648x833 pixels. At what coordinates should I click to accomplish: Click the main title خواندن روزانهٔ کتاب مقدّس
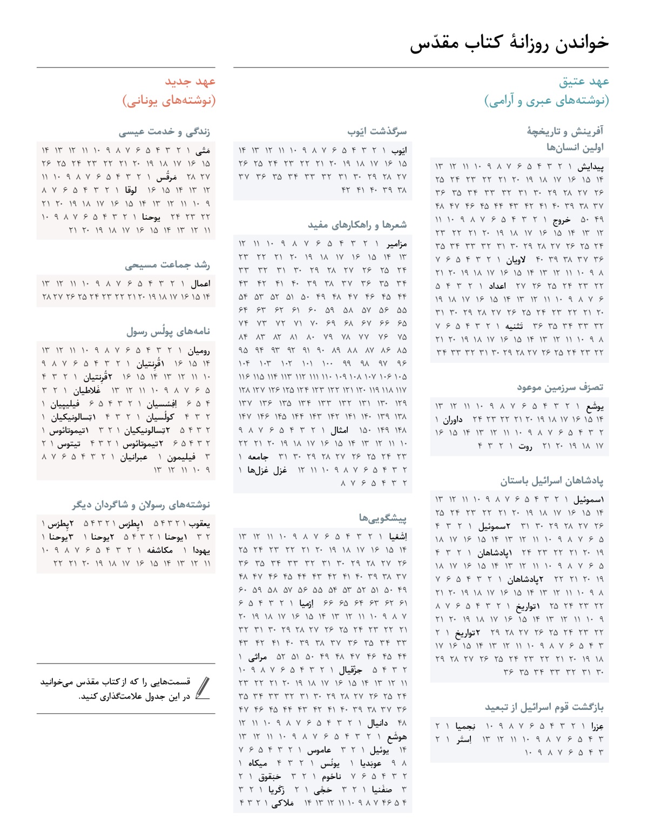(x=509, y=43)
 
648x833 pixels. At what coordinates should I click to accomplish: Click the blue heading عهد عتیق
(x=584, y=82)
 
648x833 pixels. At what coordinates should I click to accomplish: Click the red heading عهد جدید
(x=190, y=82)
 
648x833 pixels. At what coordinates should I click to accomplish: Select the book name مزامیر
(x=396, y=244)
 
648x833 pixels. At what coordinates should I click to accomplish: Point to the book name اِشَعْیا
(x=397, y=537)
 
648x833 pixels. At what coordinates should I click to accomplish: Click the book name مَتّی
(x=202, y=151)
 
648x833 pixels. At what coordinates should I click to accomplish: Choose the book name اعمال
(x=200, y=283)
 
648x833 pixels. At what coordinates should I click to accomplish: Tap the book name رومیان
(x=199, y=350)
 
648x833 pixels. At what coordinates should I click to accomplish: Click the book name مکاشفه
(x=160, y=550)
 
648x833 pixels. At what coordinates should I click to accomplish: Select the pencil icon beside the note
(x=203, y=688)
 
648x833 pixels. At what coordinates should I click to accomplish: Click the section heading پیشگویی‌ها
(x=382, y=518)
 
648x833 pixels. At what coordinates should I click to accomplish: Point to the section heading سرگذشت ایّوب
(x=377, y=131)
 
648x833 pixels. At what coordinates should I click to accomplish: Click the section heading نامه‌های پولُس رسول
(x=168, y=331)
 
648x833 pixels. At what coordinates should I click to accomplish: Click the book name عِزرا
(x=597, y=726)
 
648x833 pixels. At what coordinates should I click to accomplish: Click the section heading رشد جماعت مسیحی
(x=167, y=265)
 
